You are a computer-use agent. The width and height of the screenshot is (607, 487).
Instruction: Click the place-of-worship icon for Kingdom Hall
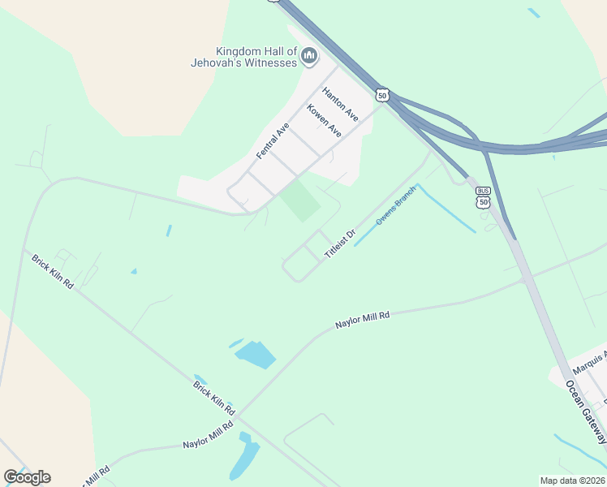click(308, 56)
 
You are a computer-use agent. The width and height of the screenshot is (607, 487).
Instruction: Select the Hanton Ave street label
click(339, 100)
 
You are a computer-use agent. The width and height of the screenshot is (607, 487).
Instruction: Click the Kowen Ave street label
click(324, 120)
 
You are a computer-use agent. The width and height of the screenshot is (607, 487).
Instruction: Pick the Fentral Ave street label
click(273, 140)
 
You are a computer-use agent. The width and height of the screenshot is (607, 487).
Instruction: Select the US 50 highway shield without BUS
click(382, 95)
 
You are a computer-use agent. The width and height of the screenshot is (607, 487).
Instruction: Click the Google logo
click(28, 477)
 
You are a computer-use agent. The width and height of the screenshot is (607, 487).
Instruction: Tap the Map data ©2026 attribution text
click(572, 481)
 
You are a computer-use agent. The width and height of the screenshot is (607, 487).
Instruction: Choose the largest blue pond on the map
click(256, 355)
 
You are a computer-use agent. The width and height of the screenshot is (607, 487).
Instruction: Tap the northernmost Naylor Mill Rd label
click(363, 320)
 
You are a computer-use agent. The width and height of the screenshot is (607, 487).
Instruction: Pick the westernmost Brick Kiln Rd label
click(53, 272)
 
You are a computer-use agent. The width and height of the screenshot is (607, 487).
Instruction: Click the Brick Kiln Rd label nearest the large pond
click(214, 395)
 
